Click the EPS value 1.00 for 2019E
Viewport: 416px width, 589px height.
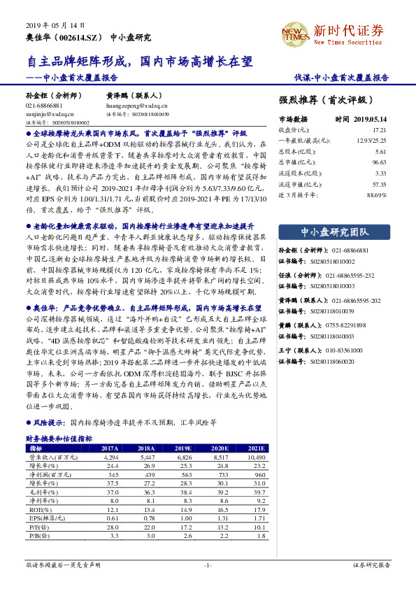[183, 519]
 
